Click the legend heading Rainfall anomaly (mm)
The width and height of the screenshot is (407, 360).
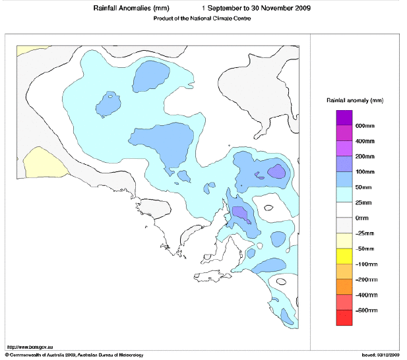click(x=355, y=100)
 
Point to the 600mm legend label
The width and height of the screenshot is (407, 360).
click(x=365, y=127)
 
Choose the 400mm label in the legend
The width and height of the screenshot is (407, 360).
click(x=365, y=142)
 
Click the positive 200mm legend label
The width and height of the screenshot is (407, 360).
click(x=365, y=157)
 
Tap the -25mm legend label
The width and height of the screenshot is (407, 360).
click(x=365, y=233)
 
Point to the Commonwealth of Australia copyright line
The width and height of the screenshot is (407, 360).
click(x=73, y=355)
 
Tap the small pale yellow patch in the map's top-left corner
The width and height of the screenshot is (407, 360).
click(x=26, y=50)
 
